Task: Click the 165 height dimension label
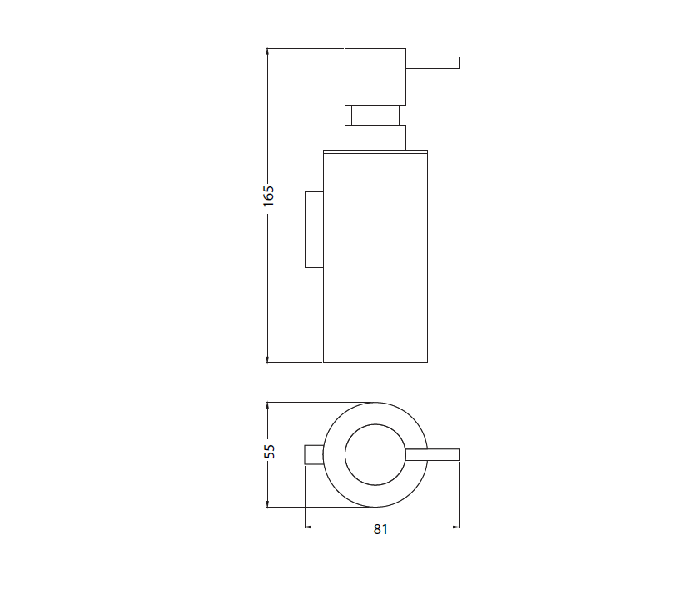268,196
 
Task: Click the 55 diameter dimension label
269,451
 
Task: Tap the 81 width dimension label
380,529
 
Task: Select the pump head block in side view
375,77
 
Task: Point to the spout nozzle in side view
432,62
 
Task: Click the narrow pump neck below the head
375,116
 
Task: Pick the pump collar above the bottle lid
375,138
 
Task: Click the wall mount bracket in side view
314,230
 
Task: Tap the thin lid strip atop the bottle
375,152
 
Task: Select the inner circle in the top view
375,424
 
